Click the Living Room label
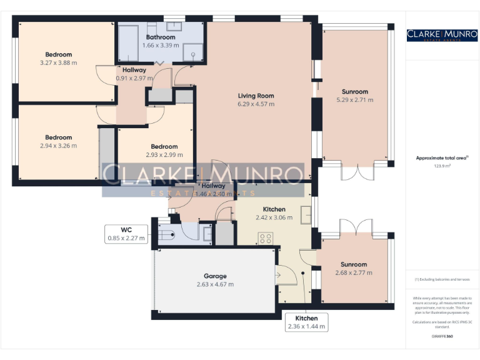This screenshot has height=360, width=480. coord(256,96)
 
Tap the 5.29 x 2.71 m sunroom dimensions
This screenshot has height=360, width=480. coord(354,99)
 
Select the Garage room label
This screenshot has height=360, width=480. coord(215,276)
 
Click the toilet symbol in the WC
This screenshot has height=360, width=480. coord(166,235)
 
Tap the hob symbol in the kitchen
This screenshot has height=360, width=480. coord(265,238)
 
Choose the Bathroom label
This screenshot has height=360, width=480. coord(161,37)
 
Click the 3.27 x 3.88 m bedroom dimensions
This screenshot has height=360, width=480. coord(58,62)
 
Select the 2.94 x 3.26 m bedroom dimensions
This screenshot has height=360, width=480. coord(58,146)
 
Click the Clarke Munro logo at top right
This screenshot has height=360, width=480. coord(442,35)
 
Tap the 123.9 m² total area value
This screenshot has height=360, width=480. coord(442,166)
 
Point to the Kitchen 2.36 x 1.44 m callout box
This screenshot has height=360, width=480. coord(306,322)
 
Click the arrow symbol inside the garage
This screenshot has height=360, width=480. coord(277,274)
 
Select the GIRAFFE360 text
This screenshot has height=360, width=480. coord(442,337)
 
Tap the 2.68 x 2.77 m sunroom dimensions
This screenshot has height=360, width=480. coord(354,272)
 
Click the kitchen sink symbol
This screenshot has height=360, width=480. coord(306,214)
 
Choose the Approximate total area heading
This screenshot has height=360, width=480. coord(441,158)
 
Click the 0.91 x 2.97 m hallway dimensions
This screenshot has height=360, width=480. coord(134,79)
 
